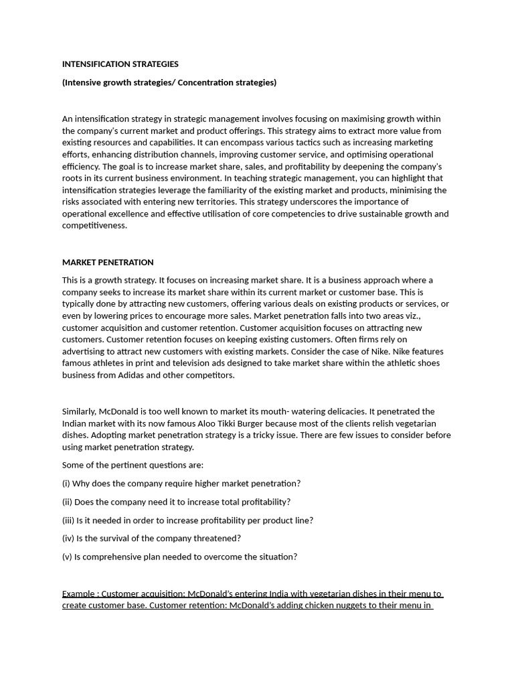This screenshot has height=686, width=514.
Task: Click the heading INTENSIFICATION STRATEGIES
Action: pyautogui.click(x=120, y=64)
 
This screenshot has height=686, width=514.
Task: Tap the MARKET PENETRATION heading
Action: pyautogui.click(x=108, y=262)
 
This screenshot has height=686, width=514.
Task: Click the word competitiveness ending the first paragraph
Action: pyautogui.click(x=94, y=226)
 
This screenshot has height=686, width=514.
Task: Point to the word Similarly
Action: pyautogui.click(x=80, y=411)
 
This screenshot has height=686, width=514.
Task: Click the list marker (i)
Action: pyautogui.click(x=66, y=483)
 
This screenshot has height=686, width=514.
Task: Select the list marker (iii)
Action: pyautogui.click(x=68, y=520)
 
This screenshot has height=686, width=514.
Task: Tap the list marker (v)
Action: pyautogui.click(x=67, y=556)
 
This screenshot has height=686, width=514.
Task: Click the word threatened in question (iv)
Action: pyautogui.click(x=218, y=538)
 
